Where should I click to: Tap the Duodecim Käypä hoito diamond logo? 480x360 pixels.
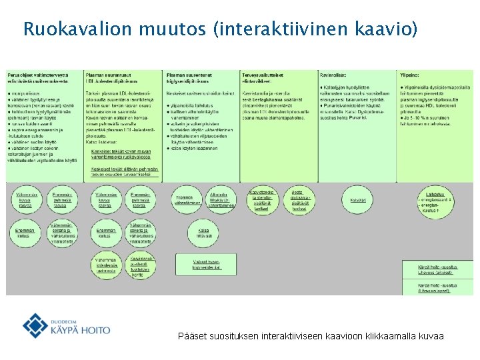click(35, 325)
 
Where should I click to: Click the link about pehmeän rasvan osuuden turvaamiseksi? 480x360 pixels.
click(123, 171)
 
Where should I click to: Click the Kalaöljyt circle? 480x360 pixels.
click(358, 199)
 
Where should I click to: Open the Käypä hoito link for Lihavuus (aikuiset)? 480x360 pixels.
click(437, 270)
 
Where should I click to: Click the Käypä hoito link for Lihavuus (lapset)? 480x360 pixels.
click(437, 287)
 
